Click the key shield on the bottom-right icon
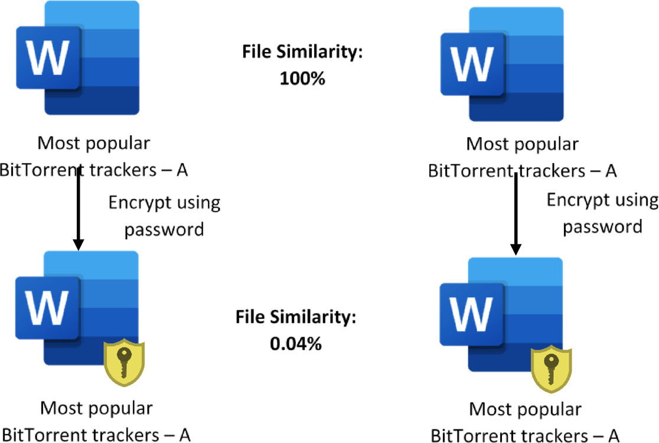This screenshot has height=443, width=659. pyautogui.click(x=550, y=370)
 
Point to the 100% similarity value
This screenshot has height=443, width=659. pyautogui.click(x=302, y=79)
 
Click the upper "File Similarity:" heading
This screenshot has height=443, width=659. pyautogui.click(x=302, y=52)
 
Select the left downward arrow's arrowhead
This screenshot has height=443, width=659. pyautogui.click(x=78, y=243)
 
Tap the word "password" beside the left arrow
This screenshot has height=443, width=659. pyautogui.click(x=164, y=229)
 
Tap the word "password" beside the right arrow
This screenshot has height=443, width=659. pyautogui.click(x=602, y=226)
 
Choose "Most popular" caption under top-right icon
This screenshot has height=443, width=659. pyautogui.click(x=522, y=144)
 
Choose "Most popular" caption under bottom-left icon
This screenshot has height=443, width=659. pyautogui.click(x=96, y=408)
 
